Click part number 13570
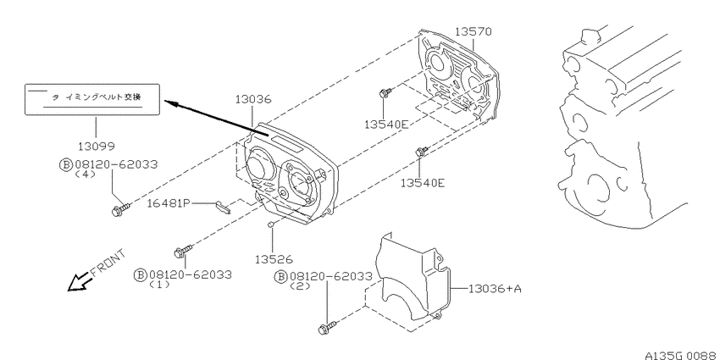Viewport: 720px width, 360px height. point(473,31)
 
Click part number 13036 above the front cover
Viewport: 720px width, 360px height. point(253,99)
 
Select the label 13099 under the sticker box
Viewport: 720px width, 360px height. point(96,146)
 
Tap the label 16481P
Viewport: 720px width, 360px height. point(168,203)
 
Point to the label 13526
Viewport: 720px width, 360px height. point(274,259)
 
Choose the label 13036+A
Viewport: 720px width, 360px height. point(495,289)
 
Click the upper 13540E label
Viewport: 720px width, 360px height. point(386,124)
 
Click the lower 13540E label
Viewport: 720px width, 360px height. point(423,183)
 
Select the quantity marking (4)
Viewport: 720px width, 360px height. point(85,174)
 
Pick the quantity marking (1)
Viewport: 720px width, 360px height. point(159,285)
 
